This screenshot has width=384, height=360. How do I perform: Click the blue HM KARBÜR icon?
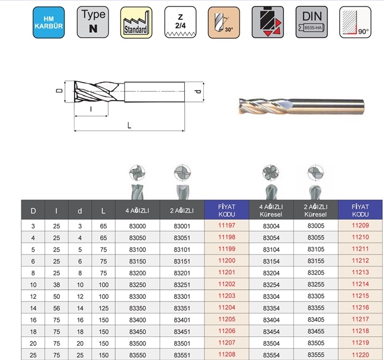coord(49,22)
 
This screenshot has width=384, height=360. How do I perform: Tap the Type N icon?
coord(93,22)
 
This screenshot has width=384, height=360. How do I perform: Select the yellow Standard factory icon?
coord(136,22)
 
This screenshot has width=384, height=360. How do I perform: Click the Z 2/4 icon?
coord(180,22)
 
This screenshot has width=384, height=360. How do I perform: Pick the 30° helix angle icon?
coord(224,22)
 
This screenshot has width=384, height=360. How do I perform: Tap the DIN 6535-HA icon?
coord(311,22)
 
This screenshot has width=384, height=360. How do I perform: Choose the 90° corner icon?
coord(355,22)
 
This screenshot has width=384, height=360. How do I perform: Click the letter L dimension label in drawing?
coord(129,126)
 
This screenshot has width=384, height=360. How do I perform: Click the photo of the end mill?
coord(302,107)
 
